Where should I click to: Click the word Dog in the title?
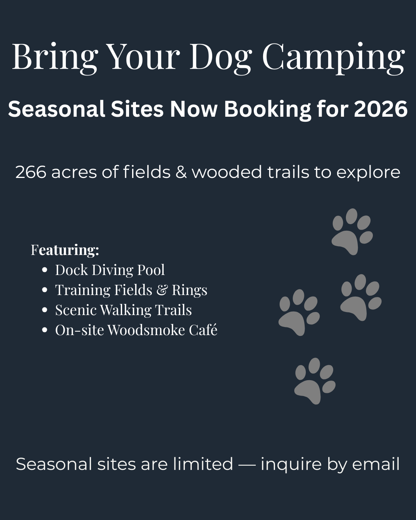[x=220, y=59]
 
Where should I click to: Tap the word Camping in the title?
[x=333, y=59]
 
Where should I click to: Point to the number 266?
[x=31, y=172]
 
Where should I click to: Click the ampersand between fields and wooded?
[x=181, y=172]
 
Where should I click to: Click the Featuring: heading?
[x=65, y=250]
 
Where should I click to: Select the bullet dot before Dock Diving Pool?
[x=44, y=270]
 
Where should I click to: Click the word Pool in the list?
[x=151, y=270]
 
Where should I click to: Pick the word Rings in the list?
[x=190, y=290]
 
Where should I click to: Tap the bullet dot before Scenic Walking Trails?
[x=44, y=310]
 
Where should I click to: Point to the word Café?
[x=203, y=329]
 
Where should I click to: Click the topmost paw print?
[x=352, y=231]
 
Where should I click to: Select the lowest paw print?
[x=315, y=381]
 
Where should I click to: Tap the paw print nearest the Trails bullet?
[x=299, y=312]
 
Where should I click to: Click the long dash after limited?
[x=247, y=464]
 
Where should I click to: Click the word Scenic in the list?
[x=75, y=310]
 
